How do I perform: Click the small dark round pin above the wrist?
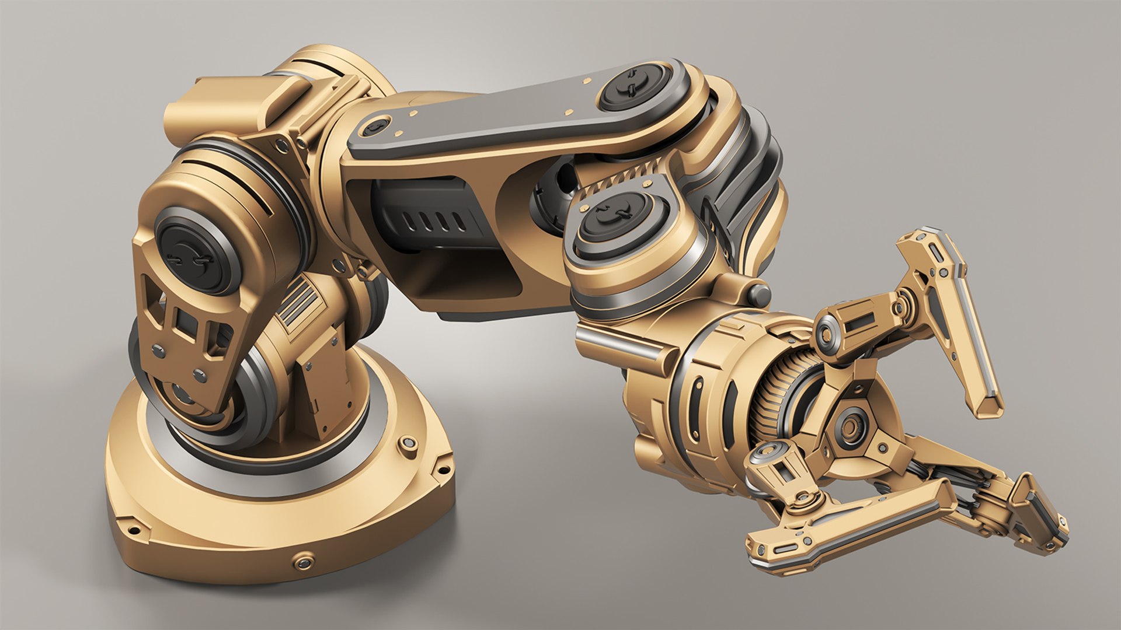click(x=760, y=292)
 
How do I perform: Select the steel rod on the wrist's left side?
click(x=619, y=344)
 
